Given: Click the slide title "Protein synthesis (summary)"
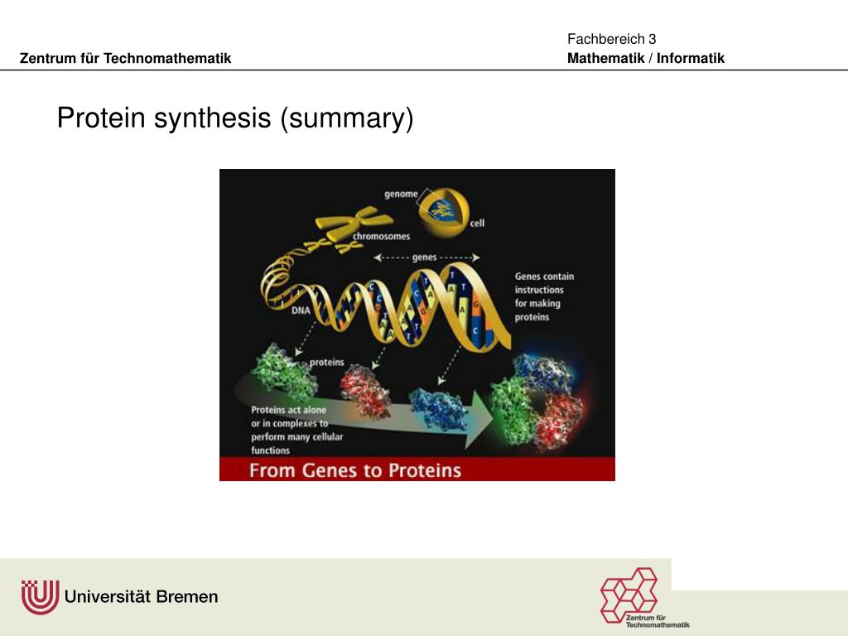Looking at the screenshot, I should (x=234, y=118).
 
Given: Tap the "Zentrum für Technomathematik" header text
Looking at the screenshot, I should (x=125, y=58).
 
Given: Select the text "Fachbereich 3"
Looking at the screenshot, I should (x=611, y=39).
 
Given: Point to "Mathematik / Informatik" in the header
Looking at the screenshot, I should (x=646, y=58).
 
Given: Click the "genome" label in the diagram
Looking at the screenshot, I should (x=400, y=194).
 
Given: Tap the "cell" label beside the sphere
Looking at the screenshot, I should (x=477, y=223).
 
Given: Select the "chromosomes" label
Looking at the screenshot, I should (x=381, y=236).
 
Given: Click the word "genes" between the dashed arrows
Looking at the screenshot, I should (x=424, y=258).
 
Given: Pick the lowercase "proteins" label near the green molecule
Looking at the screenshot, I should (x=327, y=362).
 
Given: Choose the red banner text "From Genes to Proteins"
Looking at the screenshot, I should (x=355, y=470).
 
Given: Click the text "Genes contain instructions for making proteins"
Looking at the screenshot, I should (x=544, y=296).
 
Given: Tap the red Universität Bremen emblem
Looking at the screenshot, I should (x=39, y=596).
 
